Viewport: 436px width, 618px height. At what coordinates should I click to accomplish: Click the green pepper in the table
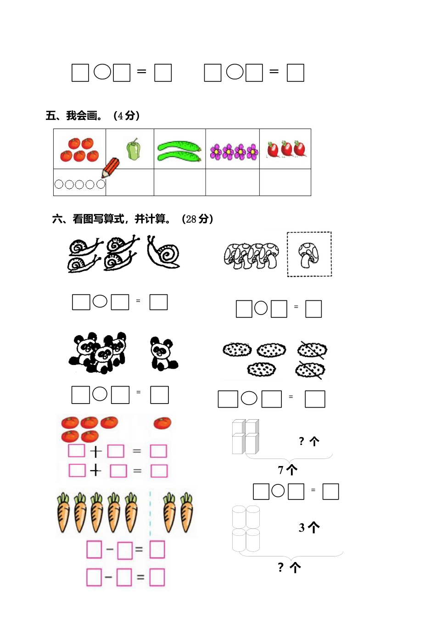[x=133, y=150]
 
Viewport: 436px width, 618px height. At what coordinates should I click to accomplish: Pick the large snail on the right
[x=164, y=252]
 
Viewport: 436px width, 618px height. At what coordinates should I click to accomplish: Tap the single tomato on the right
[x=162, y=423]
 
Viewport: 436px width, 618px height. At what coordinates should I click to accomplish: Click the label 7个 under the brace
[x=288, y=470]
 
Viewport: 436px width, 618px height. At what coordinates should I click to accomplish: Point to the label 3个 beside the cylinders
[x=309, y=528]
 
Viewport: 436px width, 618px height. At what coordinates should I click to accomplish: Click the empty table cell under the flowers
[x=232, y=183]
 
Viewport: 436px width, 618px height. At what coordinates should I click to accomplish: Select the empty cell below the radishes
[x=285, y=183]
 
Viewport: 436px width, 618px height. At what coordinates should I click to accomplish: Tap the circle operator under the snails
[x=100, y=301]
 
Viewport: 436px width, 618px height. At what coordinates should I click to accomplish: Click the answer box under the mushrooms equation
[x=313, y=309]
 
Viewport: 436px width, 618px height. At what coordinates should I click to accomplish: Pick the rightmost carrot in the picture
[x=186, y=512]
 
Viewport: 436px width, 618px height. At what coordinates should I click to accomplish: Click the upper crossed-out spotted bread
[x=312, y=350]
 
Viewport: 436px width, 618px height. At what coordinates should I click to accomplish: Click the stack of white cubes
[x=246, y=437]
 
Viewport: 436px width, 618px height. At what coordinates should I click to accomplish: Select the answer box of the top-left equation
[x=163, y=73]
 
